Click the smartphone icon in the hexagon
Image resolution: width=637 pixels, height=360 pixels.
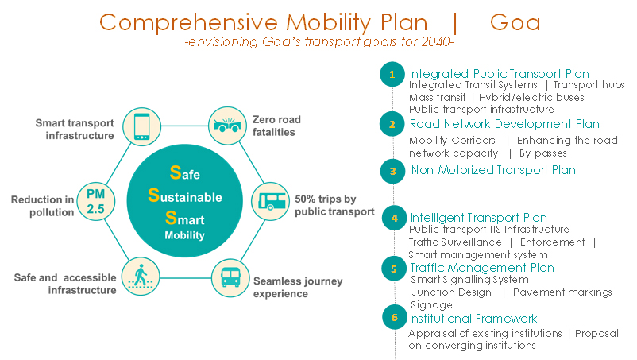click(x=142, y=126)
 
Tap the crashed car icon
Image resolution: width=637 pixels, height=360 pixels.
click(x=227, y=126)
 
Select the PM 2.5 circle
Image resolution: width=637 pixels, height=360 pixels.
click(x=96, y=202)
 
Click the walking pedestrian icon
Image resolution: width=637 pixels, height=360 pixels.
click(x=141, y=277)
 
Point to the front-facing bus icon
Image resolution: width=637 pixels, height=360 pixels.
click(x=230, y=277)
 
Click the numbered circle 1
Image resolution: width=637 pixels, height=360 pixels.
click(x=392, y=75)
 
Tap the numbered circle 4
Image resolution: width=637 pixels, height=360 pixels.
click(x=394, y=219)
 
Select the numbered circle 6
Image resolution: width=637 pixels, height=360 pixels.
click(x=395, y=317)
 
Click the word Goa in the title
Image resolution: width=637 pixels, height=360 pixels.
click(x=515, y=23)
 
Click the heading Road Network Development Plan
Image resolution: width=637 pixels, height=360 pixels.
click(x=504, y=124)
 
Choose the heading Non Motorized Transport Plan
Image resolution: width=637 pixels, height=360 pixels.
click(x=493, y=170)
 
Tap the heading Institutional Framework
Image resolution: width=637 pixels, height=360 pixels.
click(x=473, y=318)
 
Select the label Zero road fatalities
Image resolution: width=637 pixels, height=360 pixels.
click(x=276, y=126)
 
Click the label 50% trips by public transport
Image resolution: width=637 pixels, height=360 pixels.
click(x=334, y=205)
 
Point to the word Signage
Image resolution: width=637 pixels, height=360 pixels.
click(x=431, y=304)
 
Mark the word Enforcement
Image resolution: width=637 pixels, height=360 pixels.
click(x=552, y=242)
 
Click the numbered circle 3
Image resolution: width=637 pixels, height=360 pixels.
click(x=393, y=172)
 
